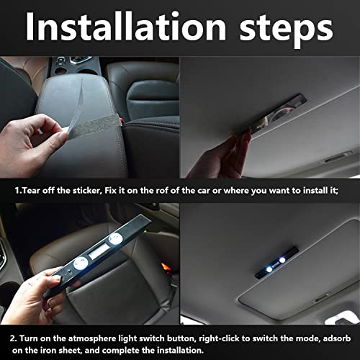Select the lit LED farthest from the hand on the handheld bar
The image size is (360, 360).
click(x=115, y=239)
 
